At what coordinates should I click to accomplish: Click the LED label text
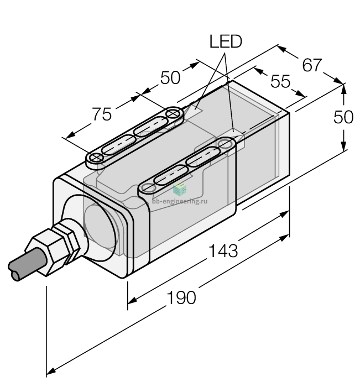tap(226, 41)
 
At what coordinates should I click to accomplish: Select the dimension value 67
tap(312, 65)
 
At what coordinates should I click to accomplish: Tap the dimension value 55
tap(280, 81)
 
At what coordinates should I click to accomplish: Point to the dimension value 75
tap(102, 114)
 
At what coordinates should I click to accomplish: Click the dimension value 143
tap(223, 250)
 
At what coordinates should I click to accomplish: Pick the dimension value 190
tap(181, 297)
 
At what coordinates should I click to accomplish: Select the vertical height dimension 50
tap(343, 117)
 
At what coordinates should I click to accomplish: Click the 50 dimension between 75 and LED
tap(170, 78)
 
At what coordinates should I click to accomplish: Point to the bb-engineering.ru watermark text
tap(180, 201)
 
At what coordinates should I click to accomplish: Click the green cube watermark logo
tap(180, 189)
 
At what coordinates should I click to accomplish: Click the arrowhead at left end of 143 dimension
tap(132, 300)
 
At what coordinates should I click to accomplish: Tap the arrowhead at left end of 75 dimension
tap(70, 135)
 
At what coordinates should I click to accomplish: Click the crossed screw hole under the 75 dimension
tap(96, 158)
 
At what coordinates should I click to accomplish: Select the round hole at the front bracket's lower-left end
tap(149, 188)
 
